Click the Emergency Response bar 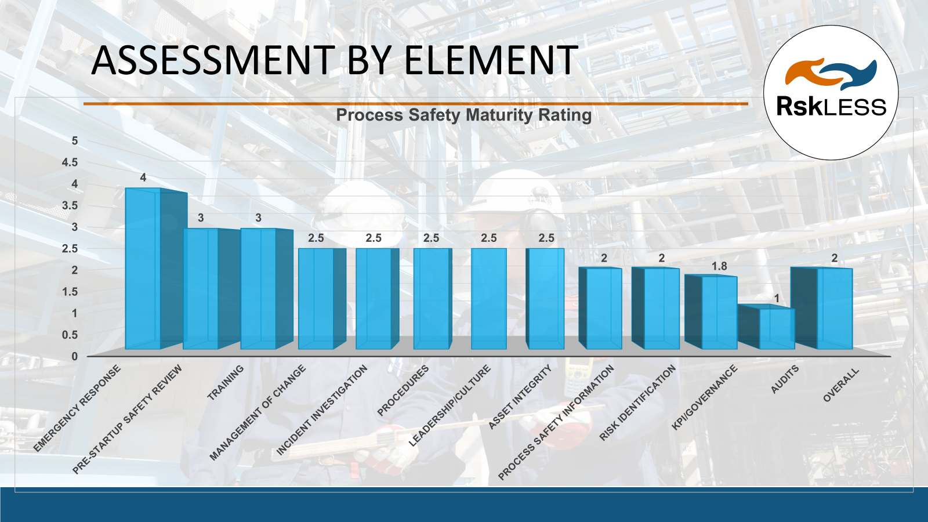click(143, 270)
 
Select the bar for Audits click(777, 329)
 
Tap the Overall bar click(835, 309)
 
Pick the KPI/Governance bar click(719, 313)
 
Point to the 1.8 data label click(719, 266)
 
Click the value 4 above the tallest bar click(143, 177)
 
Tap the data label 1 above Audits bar click(777, 299)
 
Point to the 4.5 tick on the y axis click(70, 162)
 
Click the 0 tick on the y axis click(74, 357)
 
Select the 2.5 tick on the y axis click(70, 249)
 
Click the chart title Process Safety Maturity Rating click(464, 115)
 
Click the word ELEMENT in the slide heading click(491, 60)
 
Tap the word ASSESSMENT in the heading click(213, 60)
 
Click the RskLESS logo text click(831, 107)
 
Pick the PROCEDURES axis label click(403, 390)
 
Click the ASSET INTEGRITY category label click(520, 397)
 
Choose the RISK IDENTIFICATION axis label click(638, 403)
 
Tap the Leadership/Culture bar click(488, 299)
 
